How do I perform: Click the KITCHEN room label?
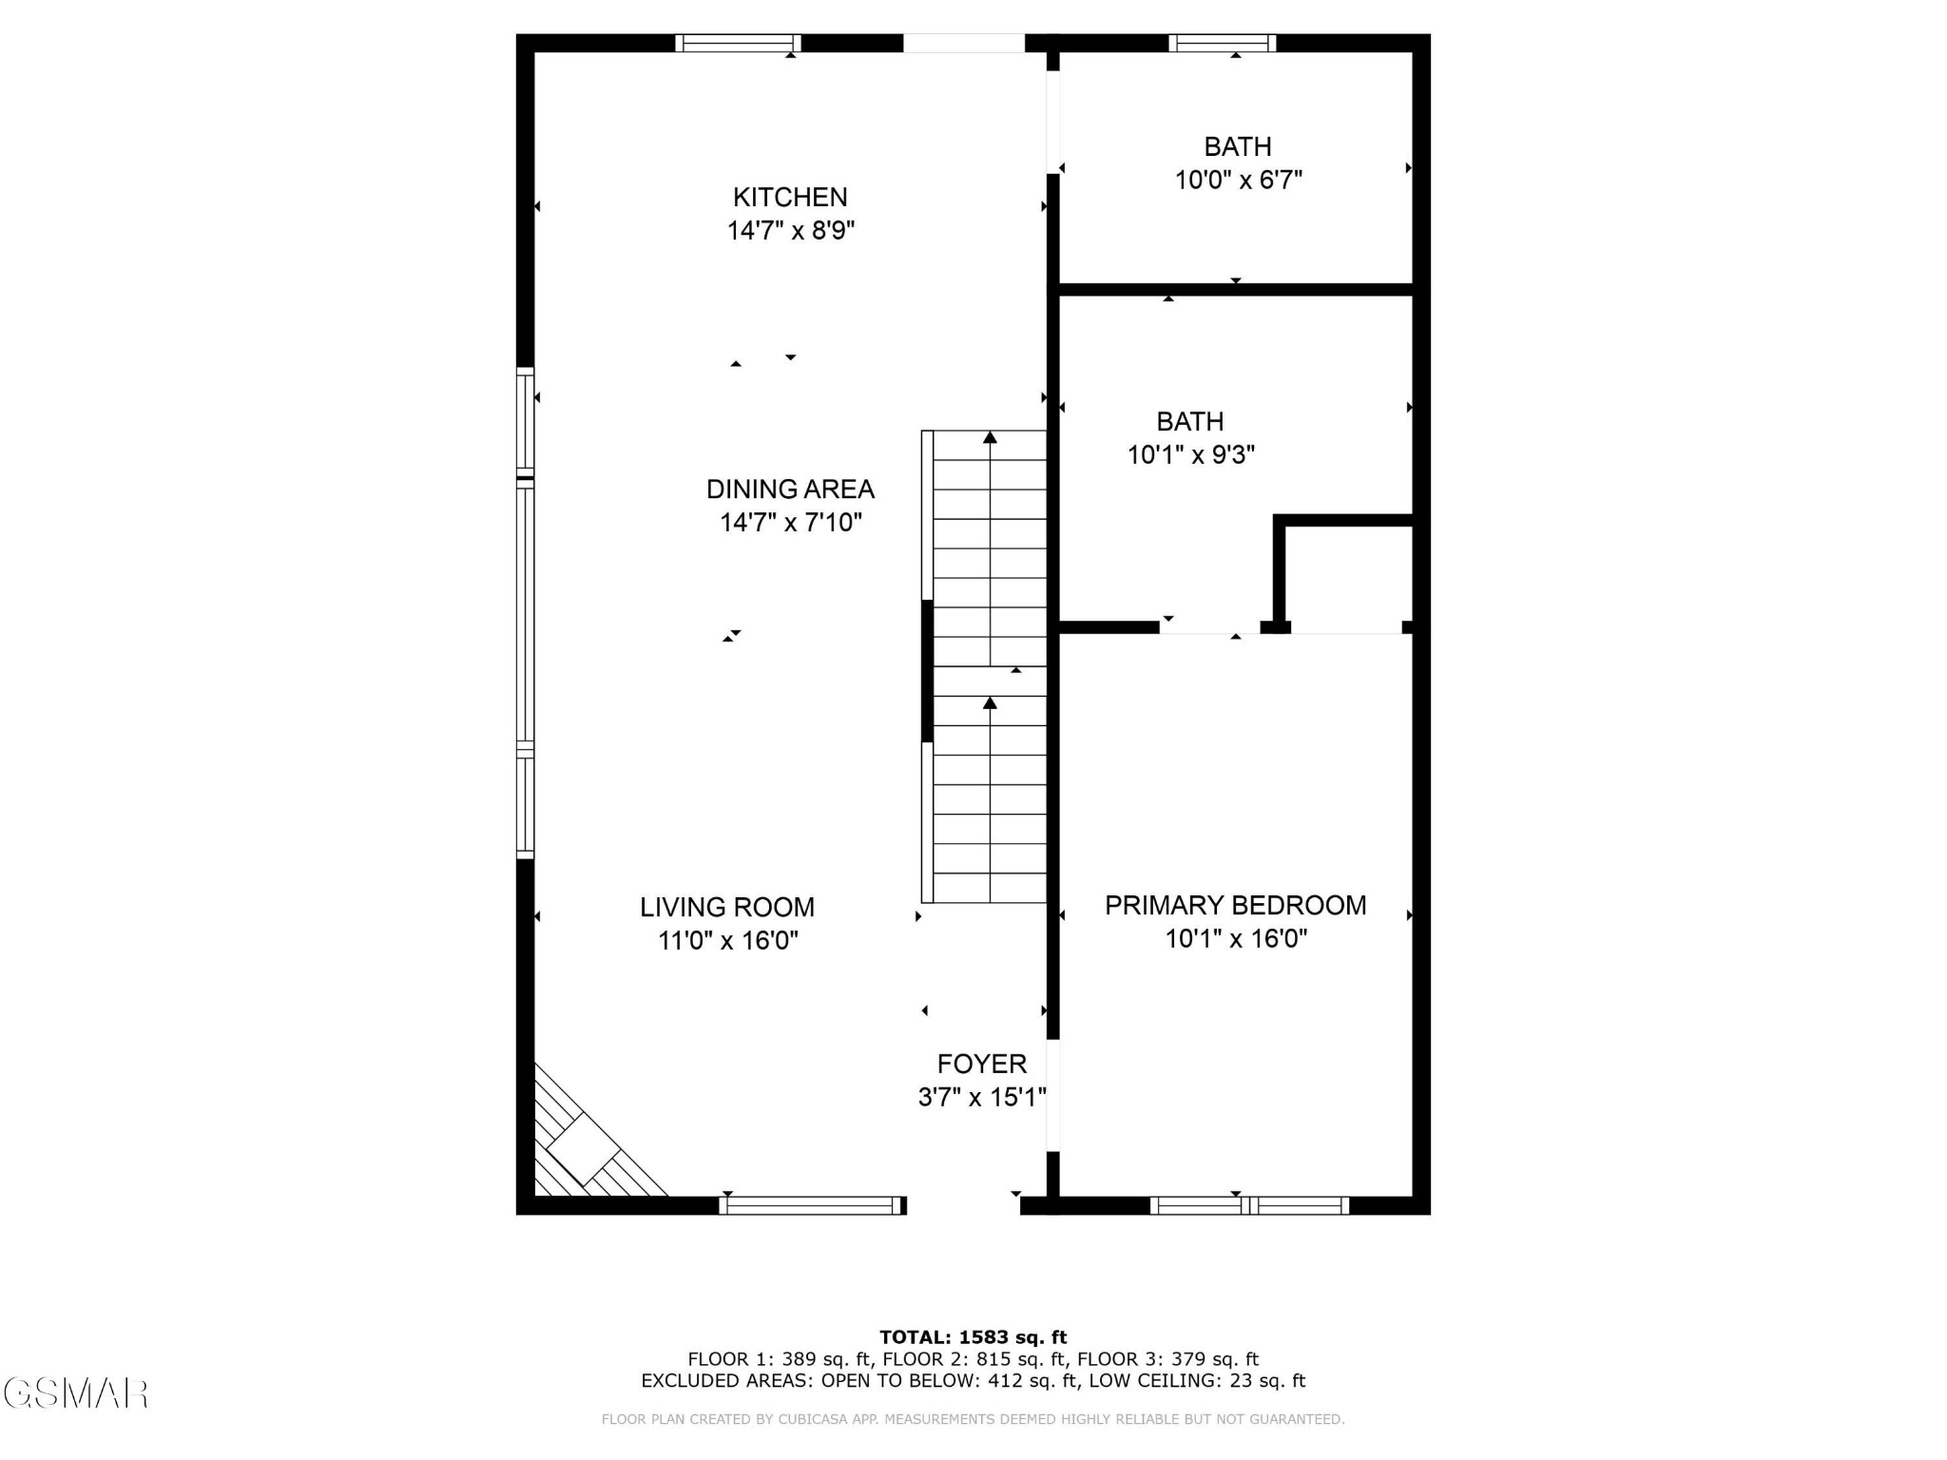point(790,197)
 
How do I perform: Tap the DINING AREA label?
point(790,489)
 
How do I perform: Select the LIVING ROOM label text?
point(727,907)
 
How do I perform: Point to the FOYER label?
point(982,1064)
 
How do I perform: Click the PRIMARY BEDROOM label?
point(1236,905)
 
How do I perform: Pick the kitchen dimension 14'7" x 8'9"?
point(791,231)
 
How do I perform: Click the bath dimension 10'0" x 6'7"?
point(1239,180)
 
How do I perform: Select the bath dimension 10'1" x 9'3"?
point(1191,454)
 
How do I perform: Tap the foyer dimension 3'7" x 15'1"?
point(982,1098)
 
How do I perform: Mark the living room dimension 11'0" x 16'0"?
point(728,940)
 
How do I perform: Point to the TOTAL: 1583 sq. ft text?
point(973,1337)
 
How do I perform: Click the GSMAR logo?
point(76,1393)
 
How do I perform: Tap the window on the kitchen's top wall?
point(739,43)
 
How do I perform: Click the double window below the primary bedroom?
point(1249,1205)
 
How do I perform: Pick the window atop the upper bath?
point(1223,43)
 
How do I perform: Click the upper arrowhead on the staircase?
point(990,437)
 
